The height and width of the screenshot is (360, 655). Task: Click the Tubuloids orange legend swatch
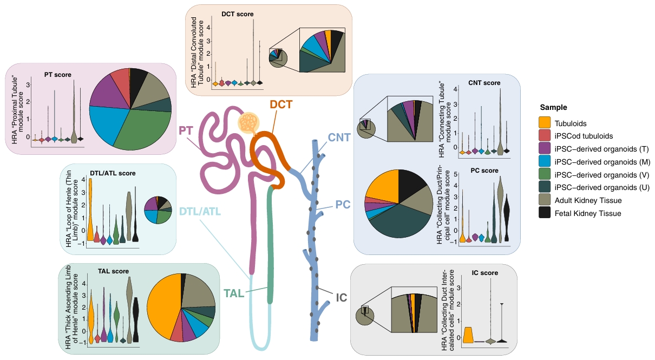point(545,123)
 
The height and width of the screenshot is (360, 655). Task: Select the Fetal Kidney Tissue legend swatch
point(545,213)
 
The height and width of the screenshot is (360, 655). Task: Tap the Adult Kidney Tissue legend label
point(588,200)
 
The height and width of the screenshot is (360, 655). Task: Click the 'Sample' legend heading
point(553,107)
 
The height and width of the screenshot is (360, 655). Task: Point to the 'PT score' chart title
point(57,75)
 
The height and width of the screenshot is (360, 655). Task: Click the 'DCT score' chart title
point(238,14)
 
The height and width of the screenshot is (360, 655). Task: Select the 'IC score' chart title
point(484,272)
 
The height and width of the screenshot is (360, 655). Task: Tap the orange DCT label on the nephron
point(281,104)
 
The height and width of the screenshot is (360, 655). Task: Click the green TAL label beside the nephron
point(234,293)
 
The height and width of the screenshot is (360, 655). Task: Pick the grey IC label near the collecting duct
point(342,297)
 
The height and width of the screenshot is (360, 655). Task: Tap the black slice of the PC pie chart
point(410,184)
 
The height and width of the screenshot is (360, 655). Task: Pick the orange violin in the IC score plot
point(468,335)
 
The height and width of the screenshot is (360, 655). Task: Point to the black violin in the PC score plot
point(507,218)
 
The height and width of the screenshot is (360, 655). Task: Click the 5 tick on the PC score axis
point(455,174)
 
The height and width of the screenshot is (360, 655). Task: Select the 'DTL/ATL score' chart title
point(113,173)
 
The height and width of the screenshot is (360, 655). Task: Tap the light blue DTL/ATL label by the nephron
point(200,211)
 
